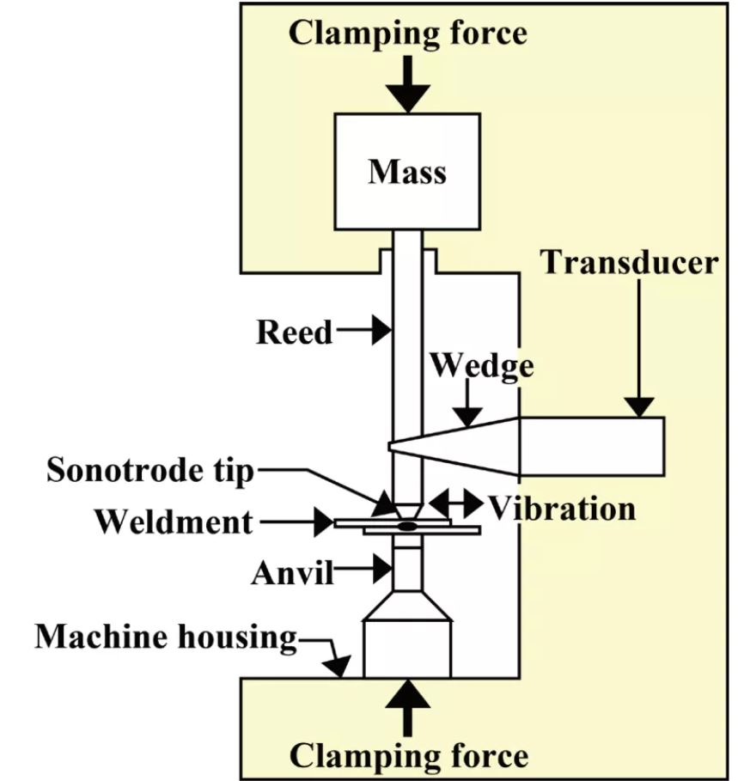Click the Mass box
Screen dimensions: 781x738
[x=407, y=172]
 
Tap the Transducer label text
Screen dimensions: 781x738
[x=629, y=262]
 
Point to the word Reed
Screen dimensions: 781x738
[x=295, y=332]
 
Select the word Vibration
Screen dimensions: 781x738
[x=563, y=508]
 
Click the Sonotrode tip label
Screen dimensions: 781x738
[x=152, y=469]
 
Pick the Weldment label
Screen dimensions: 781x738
[x=174, y=521]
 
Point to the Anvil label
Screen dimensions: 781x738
[x=293, y=572]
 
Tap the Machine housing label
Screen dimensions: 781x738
[x=166, y=637]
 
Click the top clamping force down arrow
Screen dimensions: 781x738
[x=408, y=85]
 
